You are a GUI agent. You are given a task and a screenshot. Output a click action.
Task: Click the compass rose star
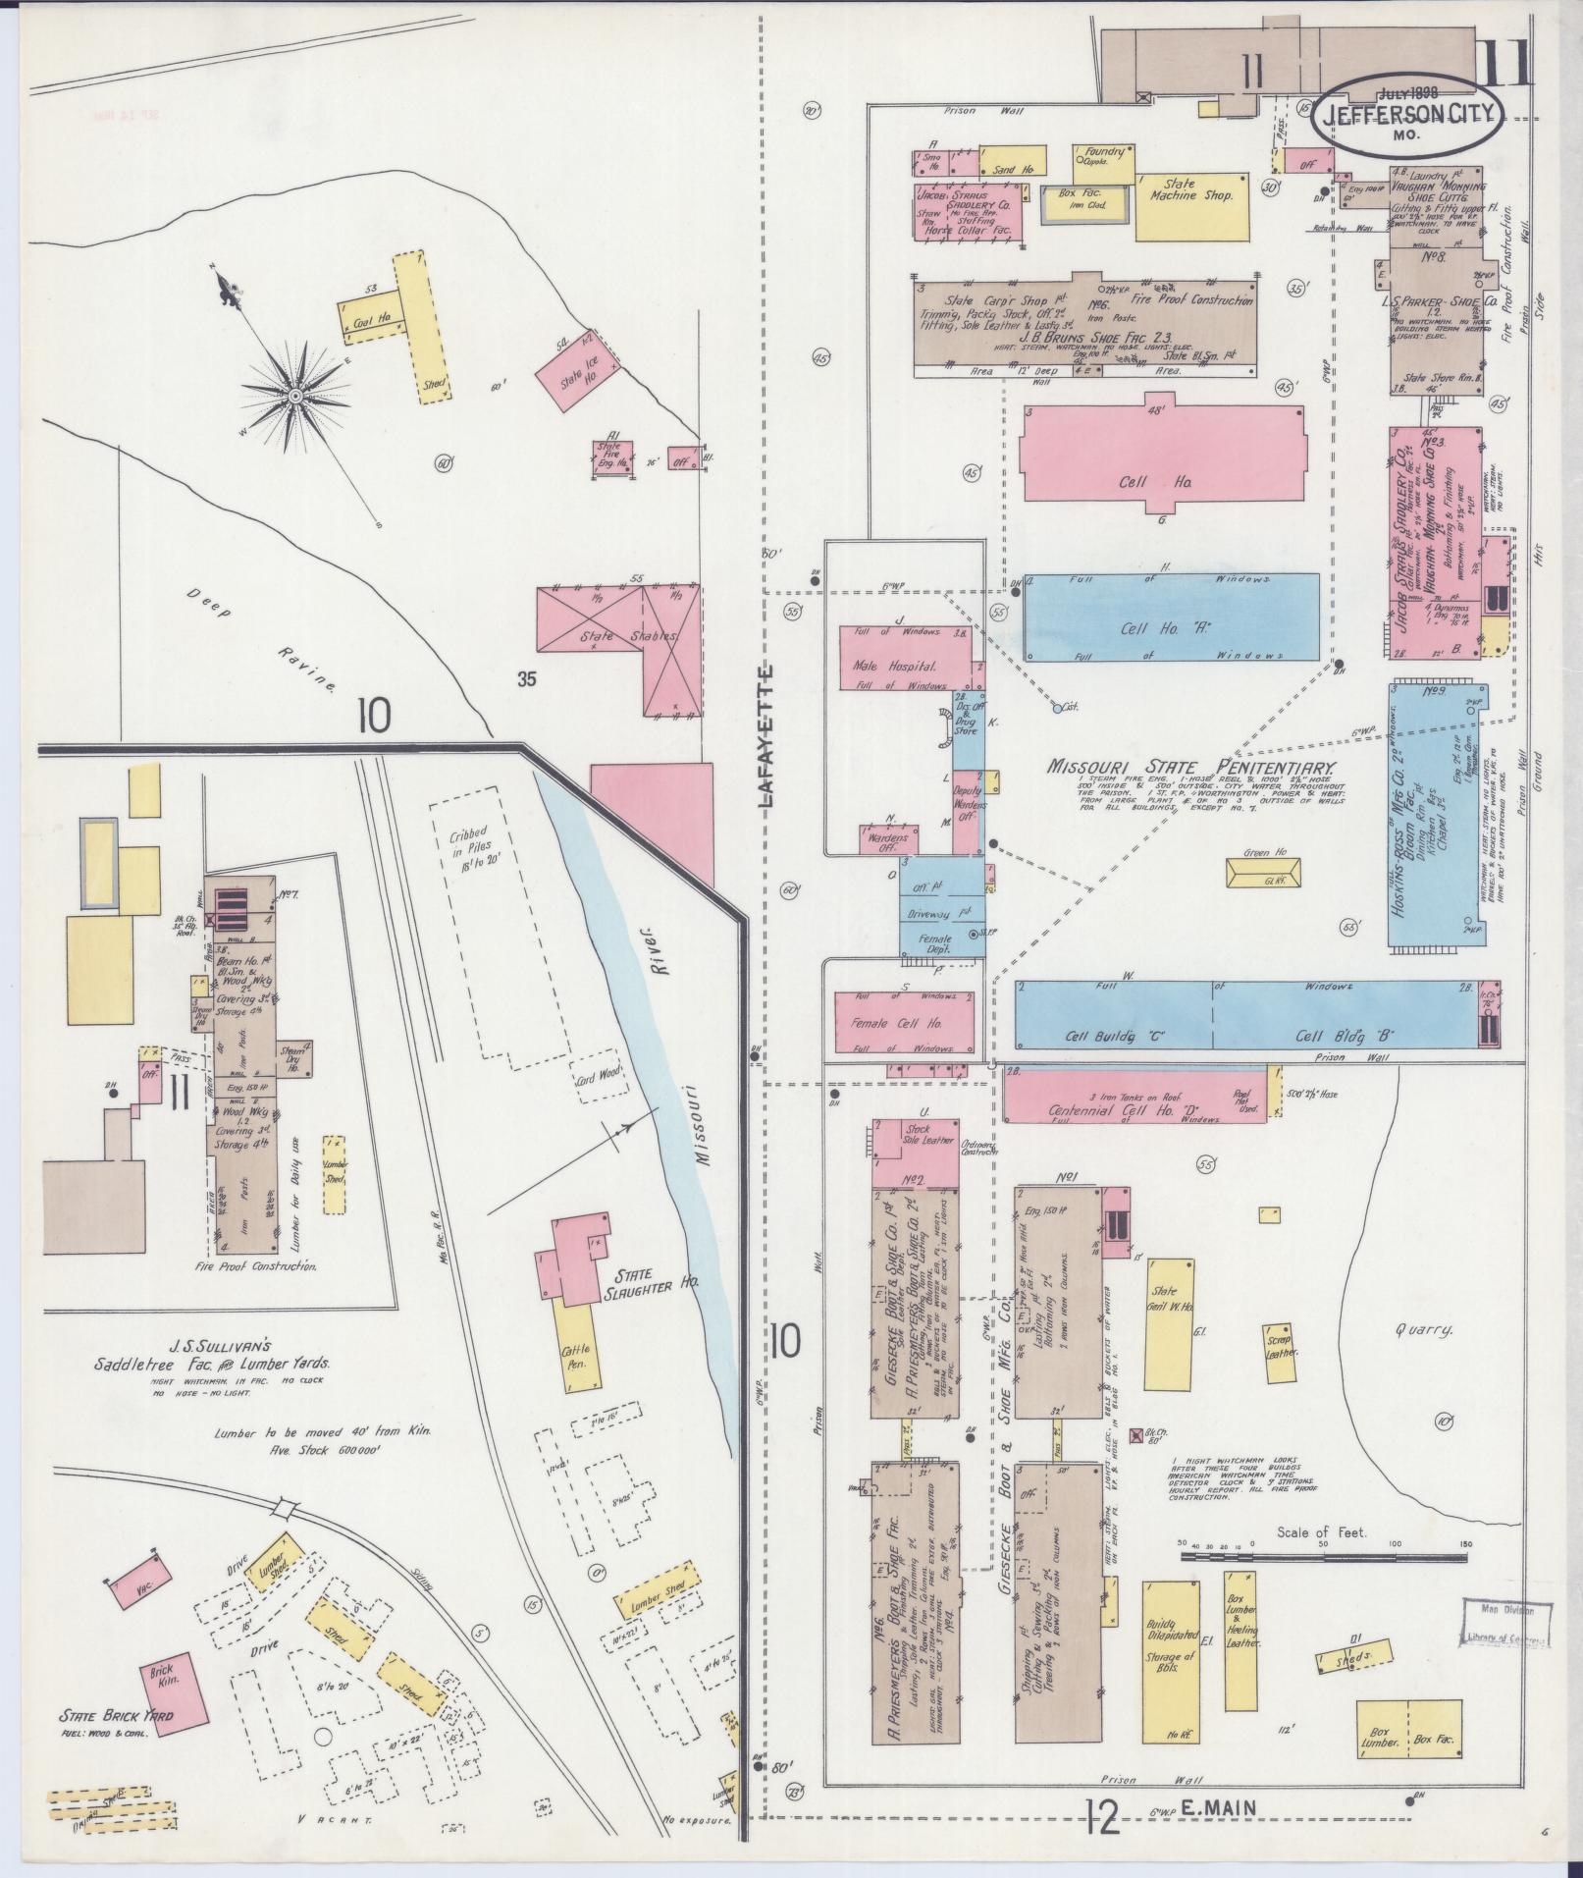tap(294, 395)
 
